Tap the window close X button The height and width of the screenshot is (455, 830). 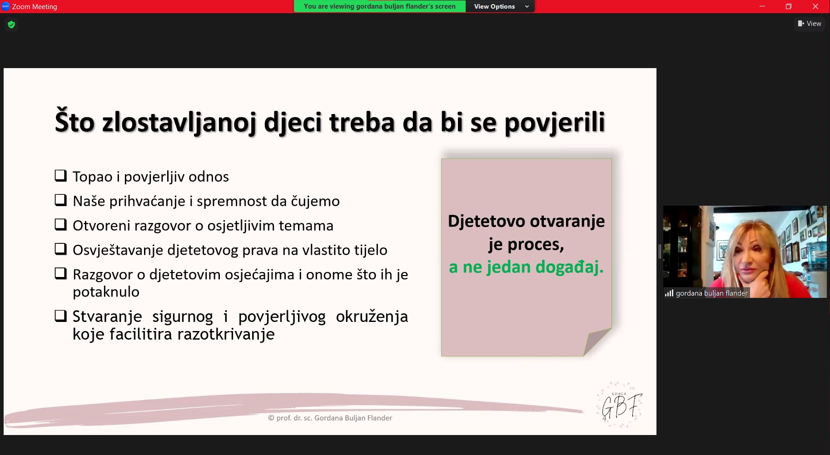[x=815, y=6]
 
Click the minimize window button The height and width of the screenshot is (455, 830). [x=762, y=6]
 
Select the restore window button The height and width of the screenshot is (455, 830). [x=789, y=6]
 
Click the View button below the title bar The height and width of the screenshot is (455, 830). [x=810, y=24]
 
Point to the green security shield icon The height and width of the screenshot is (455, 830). [x=11, y=25]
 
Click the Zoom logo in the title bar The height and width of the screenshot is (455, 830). [x=5, y=6]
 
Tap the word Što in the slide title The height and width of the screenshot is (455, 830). [x=75, y=121]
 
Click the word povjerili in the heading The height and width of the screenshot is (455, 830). [x=555, y=123]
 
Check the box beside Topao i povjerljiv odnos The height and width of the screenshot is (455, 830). [x=60, y=176]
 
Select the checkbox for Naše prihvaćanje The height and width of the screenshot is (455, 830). [x=60, y=200]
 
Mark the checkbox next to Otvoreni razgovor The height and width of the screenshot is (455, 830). [x=60, y=225]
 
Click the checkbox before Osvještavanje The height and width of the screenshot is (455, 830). [x=60, y=249]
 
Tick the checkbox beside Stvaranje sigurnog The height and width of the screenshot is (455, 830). [x=60, y=316]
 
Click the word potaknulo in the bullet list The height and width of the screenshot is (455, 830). [x=106, y=292]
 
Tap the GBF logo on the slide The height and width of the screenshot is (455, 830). [x=620, y=405]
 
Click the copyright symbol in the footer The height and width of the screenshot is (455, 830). [x=271, y=418]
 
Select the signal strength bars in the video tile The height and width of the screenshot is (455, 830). [x=669, y=293]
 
